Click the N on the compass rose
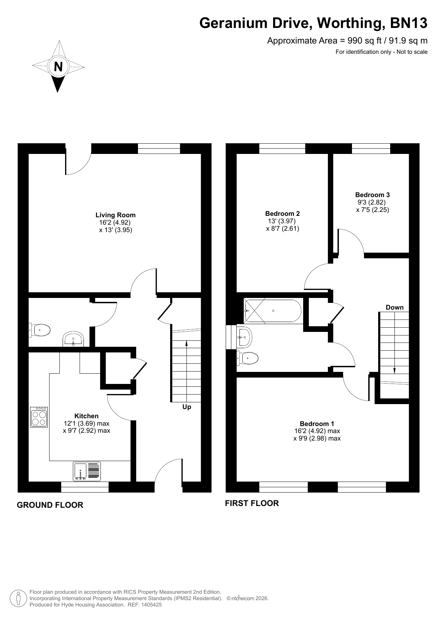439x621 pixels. (x=58, y=67)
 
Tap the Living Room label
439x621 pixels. (x=115, y=215)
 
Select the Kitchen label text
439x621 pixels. (x=86, y=416)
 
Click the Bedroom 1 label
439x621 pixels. (x=317, y=424)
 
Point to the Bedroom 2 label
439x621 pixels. (x=283, y=213)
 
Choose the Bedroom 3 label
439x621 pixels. (x=372, y=195)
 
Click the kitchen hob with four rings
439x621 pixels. (x=39, y=417)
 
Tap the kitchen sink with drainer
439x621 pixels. (x=87, y=471)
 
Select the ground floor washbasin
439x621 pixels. (x=73, y=339)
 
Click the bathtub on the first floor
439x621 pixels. (x=273, y=311)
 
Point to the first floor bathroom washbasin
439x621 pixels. (x=244, y=337)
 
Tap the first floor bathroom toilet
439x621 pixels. (x=247, y=358)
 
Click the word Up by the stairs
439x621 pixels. (x=187, y=407)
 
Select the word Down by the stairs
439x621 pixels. (x=394, y=307)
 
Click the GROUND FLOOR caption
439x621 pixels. (x=50, y=505)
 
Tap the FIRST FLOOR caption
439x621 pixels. (x=252, y=503)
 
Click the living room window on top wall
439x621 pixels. (x=159, y=149)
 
